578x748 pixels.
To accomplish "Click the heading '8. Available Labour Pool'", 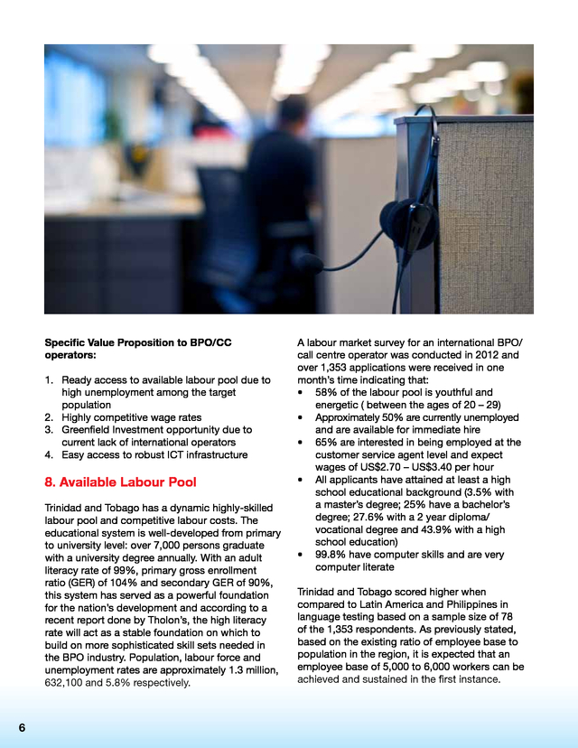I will coord(120,482).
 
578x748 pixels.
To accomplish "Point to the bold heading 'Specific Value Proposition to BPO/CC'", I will coord(137,343).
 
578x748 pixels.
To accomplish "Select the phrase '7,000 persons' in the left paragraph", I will coord(199,546).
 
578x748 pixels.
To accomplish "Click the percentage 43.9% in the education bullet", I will coord(439,529).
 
